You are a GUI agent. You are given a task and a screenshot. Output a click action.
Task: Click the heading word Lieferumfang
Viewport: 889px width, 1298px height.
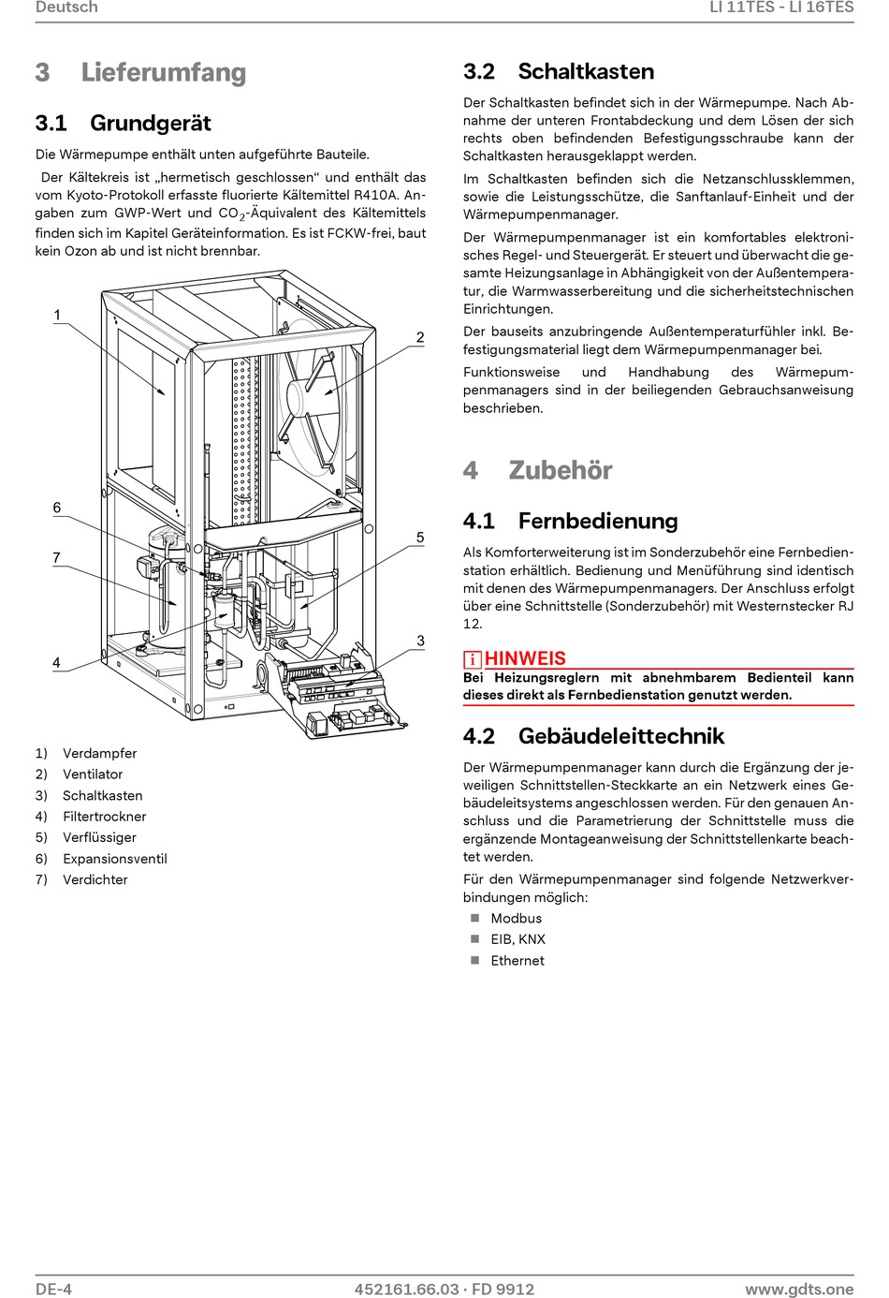point(163,72)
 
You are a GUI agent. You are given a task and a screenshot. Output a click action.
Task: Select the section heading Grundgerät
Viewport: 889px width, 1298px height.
point(150,123)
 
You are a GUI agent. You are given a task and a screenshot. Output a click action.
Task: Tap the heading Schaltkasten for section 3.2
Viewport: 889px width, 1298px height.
point(586,71)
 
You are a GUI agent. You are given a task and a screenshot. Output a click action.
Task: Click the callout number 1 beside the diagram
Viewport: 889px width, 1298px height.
point(57,315)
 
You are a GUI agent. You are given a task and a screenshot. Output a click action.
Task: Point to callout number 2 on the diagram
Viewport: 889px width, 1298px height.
point(420,337)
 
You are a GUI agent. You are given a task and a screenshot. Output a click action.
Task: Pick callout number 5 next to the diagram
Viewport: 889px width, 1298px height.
point(420,538)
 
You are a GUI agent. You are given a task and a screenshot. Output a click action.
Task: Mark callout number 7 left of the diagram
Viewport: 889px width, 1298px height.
point(57,557)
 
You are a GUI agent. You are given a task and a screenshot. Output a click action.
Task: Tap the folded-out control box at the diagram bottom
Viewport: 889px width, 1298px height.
point(342,693)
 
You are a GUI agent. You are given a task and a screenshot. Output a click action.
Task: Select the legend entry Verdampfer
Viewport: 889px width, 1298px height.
point(99,753)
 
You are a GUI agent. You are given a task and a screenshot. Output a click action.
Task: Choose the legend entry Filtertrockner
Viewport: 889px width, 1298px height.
point(104,817)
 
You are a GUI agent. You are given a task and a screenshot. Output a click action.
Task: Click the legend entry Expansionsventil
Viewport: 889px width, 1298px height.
point(114,859)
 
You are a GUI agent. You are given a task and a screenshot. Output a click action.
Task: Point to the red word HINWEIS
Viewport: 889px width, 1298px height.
point(525,658)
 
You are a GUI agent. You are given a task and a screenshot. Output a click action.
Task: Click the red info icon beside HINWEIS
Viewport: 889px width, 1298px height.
point(473,659)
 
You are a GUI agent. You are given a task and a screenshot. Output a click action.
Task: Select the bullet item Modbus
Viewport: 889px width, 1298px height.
point(516,919)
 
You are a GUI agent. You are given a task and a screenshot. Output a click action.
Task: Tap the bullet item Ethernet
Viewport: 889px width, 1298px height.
point(517,961)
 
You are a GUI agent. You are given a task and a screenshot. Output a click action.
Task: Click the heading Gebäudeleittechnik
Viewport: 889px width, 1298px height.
point(621,736)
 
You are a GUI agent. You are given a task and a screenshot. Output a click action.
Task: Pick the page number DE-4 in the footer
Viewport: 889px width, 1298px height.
point(53,1289)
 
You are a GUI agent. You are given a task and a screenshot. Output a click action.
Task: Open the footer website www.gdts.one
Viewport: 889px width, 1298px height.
point(799,1289)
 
